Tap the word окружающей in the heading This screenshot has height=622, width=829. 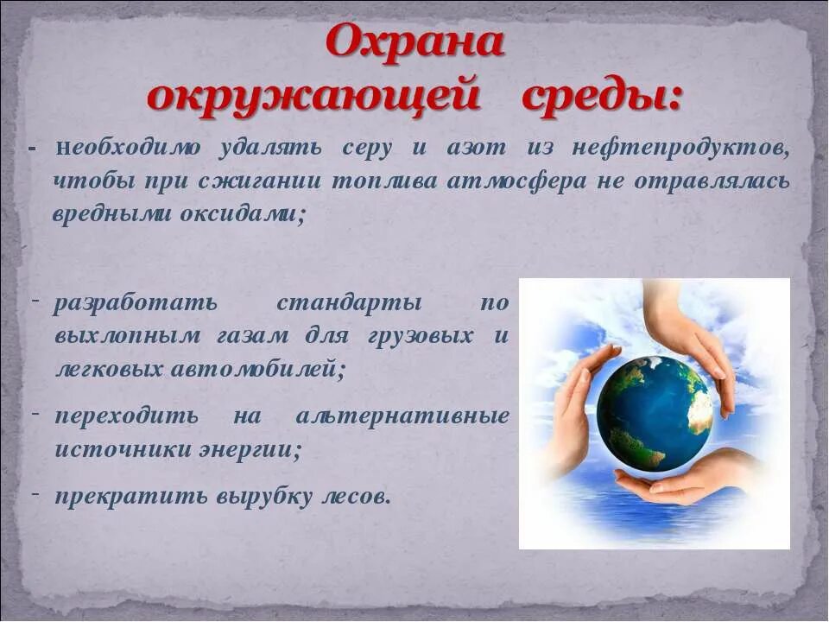click(x=313, y=96)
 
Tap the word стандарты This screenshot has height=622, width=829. click(x=349, y=304)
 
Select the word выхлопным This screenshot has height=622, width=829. click(x=128, y=336)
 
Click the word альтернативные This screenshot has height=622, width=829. click(x=402, y=416)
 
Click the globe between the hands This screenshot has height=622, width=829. click(x=654, y=413)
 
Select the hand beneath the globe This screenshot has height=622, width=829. click(x=682, y=479)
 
